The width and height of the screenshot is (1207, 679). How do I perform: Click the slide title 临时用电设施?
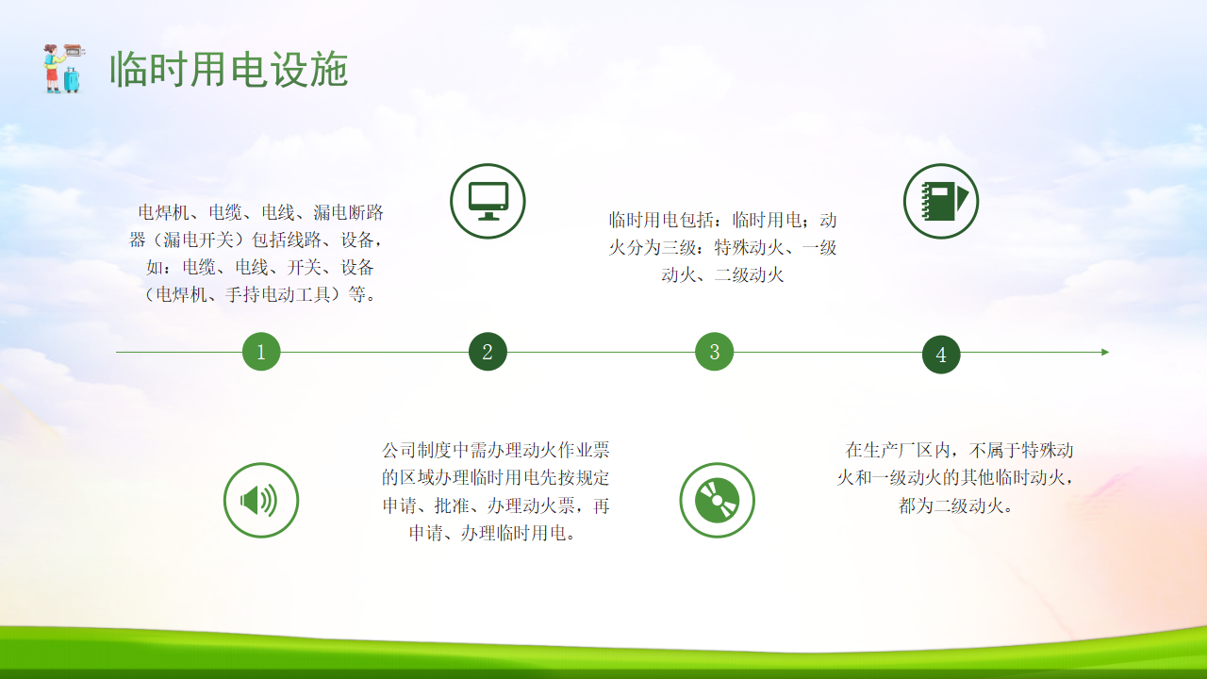(229, 70)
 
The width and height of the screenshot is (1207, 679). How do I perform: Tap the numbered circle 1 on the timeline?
(261, 352)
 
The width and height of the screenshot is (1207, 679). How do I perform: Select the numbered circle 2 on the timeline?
(488, 352)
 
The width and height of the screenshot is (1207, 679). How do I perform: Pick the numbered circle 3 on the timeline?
(715, 352)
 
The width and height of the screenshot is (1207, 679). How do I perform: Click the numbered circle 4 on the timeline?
(941, 354)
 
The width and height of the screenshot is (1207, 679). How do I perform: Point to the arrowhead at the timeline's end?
(1105, 352)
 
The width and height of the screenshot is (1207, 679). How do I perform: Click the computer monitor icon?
(488, 201)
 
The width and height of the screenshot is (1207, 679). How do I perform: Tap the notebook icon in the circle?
(941, 201)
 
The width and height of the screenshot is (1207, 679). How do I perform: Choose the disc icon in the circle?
(718, 500)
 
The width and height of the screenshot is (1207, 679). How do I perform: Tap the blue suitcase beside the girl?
(73, 80)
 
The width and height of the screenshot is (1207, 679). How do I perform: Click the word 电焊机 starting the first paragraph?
(164, 212)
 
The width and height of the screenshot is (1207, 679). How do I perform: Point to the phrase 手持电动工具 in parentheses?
(278, 294)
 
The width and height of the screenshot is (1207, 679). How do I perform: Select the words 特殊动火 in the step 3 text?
(749, 248)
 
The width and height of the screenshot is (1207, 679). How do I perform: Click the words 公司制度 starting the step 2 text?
(417, 450)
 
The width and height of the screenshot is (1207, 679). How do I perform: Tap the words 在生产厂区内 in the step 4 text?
(899, 450)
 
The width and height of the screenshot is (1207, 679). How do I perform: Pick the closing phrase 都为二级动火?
(951, 505)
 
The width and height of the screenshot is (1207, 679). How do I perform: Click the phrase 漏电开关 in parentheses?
(199, 240)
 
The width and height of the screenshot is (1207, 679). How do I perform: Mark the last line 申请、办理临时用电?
(488, 533)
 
